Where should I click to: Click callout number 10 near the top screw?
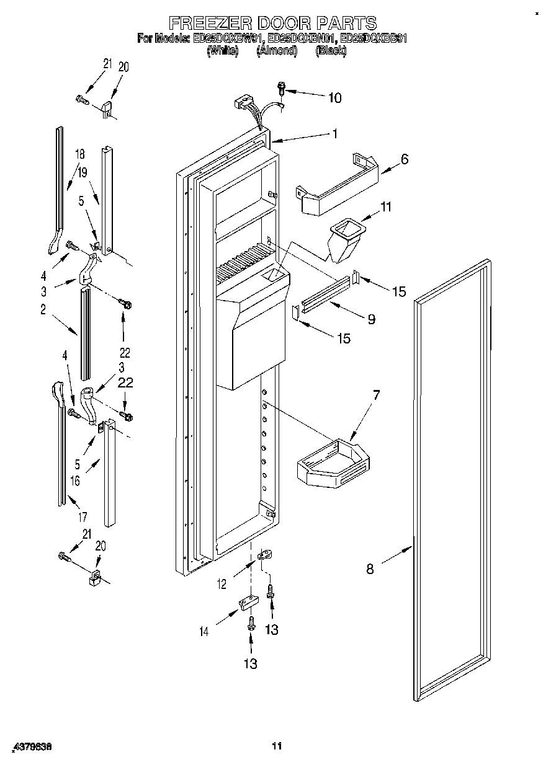[x=334, y=97]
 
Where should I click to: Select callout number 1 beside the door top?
[x=334, y=133]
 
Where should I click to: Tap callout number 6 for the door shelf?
[x=404, y=159]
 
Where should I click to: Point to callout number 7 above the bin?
[x=376, y=394]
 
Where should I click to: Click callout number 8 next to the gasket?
[x=370, y=569]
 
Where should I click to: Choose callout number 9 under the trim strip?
[x=371, y=319]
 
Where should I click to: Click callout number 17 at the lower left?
[x=83, y=516]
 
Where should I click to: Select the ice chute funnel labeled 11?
[x=344, y=239]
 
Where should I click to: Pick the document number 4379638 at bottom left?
[x=31, y=747]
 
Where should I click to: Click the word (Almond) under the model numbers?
[x=277, y=51]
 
